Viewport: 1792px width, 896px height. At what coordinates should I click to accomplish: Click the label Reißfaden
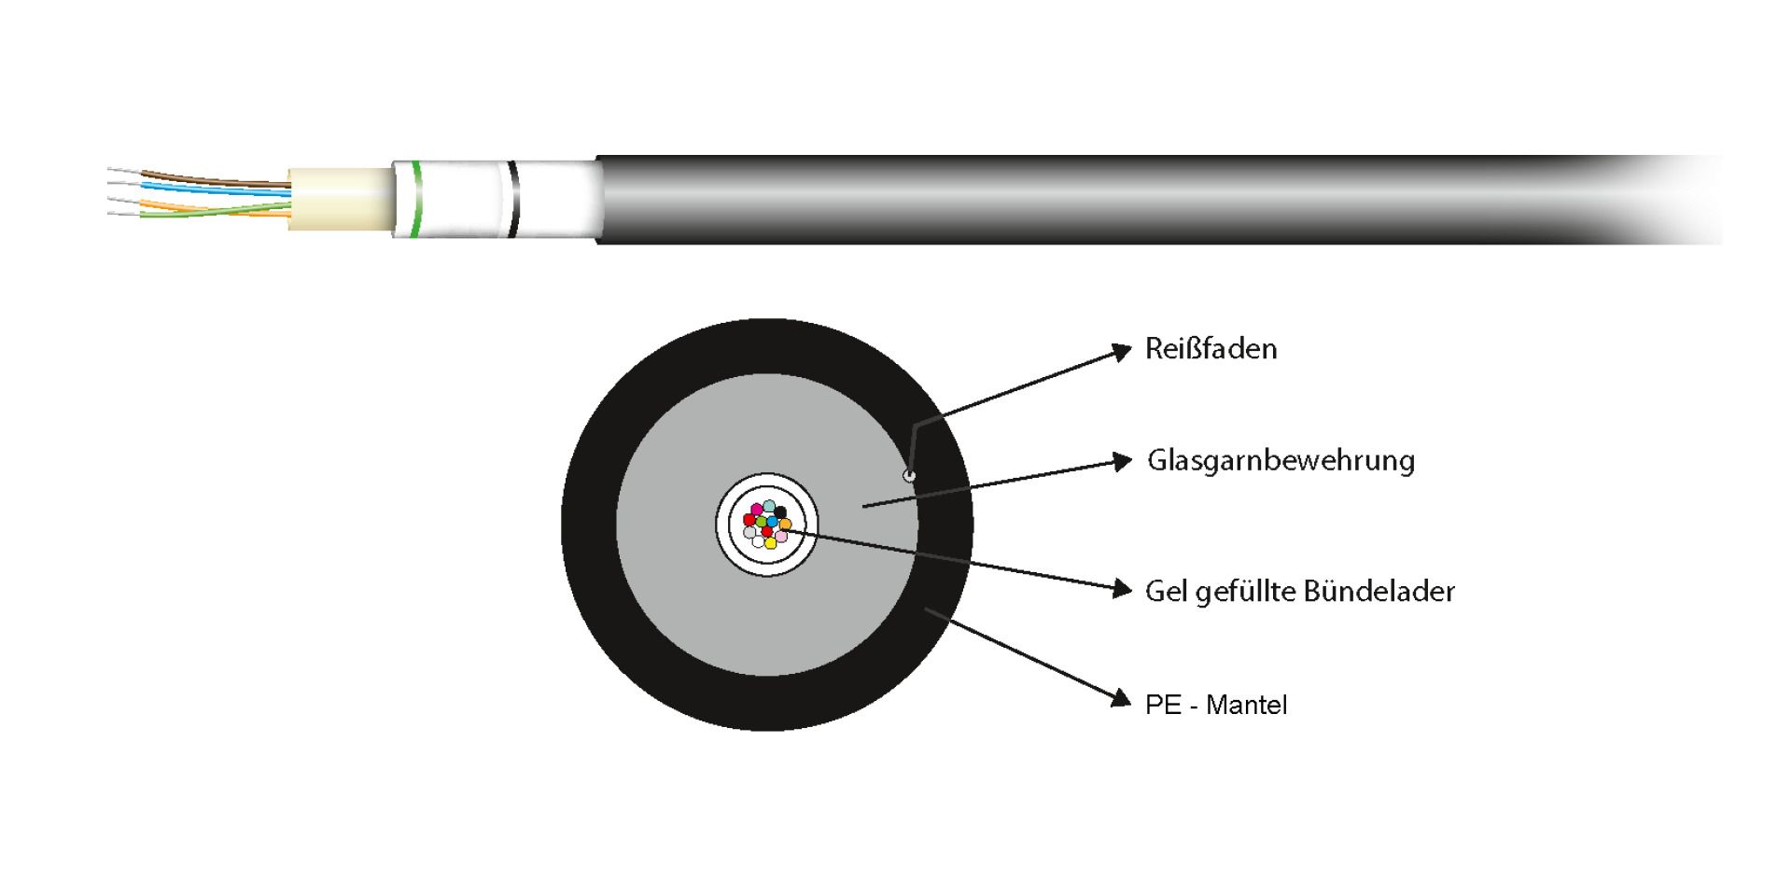pyautogui.click(x=1211, y=349)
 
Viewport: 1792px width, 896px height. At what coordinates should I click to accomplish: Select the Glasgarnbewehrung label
pyautogui.click(x=1281, y=460)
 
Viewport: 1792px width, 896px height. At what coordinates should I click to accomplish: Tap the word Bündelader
pyautogui.click(x=1379, y=592)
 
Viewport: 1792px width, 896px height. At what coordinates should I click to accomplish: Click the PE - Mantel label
pyautogui.click(x=1215, y=705)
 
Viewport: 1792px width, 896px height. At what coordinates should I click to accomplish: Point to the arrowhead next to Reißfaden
pyautogui.click(x=1121, y=352)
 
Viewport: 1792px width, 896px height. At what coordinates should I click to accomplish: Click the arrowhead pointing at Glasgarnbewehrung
pyautogui.click(x=1122, y=461)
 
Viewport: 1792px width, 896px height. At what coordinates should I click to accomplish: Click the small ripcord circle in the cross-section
pyautogui.click(x=909, y=476)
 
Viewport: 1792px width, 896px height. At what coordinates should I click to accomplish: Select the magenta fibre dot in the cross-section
pyautogui.click(x=757, y=510)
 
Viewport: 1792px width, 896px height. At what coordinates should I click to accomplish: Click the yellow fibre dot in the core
pyautogui.click(x=770, y=542)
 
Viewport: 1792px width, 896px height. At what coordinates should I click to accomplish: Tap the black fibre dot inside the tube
pyautogui.click(x=780, y=512)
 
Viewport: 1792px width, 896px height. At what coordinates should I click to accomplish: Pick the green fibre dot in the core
pyautogui.click(x=762, y=522)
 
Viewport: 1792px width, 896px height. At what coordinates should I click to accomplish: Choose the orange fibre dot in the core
pyautogui.click(x=786, y=525)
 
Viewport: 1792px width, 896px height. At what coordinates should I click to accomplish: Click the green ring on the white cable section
pyautogui.click(x=415, y=199)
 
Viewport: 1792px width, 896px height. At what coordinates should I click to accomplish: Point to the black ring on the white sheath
pyautogui.click(x=512, y=199)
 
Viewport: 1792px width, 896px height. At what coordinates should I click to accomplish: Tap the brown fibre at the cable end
pyautogui.click(x=215, y=178)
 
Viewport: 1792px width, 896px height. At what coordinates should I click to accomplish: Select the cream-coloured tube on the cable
pyautogui.click(x=339, y=199)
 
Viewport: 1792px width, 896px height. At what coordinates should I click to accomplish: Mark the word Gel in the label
pyautogui.click(x=1165, y=592)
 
